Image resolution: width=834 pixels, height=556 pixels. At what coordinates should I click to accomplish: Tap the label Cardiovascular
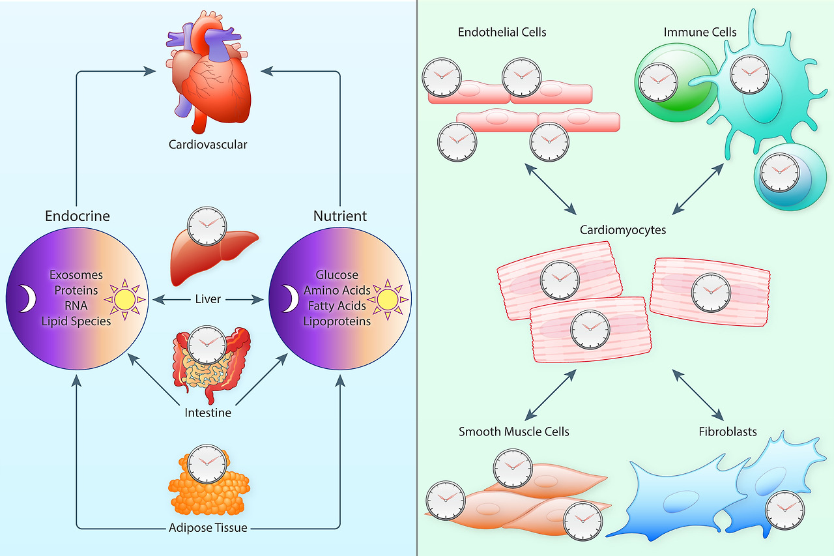click(208, 144)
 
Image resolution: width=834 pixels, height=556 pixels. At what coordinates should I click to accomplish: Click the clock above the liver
click(207, 226)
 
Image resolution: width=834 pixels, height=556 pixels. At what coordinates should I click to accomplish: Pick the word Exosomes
click(76, 275)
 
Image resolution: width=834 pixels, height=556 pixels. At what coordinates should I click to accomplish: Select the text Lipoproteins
click(337, 321)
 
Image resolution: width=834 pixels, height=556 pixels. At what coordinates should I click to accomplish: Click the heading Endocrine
click(77, 216)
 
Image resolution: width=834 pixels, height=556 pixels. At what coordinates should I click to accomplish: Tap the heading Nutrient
click(340, 216)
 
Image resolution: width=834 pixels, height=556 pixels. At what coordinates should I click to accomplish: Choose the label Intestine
click(208, 413)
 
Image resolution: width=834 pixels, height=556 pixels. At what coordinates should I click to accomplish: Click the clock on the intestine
click(207, 344)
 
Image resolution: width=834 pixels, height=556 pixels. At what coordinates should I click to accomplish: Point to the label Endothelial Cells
click(502, 32)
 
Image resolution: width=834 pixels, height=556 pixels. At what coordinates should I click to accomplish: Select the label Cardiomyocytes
click(623, 230)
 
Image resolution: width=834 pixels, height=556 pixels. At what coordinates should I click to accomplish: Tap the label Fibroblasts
click(728, 432)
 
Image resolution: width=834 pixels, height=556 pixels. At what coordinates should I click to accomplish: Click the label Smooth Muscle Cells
click(514, 432)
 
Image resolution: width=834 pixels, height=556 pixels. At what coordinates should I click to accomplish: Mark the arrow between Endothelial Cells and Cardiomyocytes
click(550, 188)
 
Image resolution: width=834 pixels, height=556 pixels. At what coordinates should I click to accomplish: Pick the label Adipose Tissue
click(208, 527)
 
